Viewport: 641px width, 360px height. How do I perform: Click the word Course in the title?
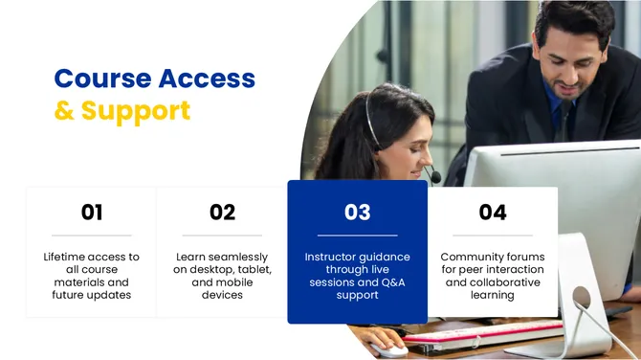(101, 78)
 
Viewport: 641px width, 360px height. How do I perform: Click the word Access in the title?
(206, 78)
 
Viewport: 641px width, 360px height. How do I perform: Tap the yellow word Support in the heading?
(136, 110)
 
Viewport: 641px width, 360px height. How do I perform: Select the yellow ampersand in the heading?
(64, 110)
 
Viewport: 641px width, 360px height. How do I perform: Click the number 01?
(92, 212)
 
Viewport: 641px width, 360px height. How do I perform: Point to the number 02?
(222, 212)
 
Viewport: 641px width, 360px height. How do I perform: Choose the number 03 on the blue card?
(357, 212)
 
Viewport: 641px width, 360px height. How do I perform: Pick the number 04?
(492, 212)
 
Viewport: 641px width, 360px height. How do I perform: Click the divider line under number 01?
(92, 236)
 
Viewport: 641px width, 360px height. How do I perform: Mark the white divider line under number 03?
(357, 236)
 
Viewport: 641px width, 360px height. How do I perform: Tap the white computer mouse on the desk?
(387, 347)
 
